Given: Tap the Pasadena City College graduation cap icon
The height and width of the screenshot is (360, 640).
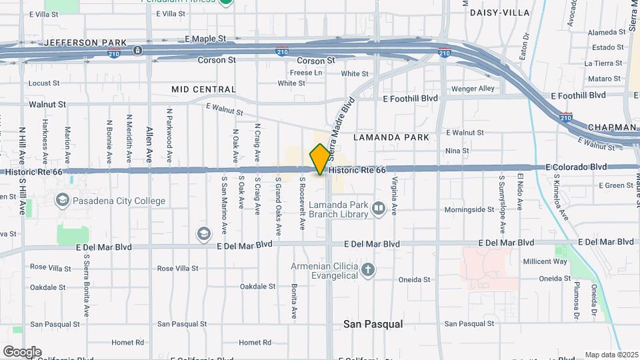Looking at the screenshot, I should pos(62,200).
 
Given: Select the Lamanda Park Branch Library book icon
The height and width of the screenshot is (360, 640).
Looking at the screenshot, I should pos(379,209).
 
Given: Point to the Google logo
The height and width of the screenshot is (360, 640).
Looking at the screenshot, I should pos(22,352).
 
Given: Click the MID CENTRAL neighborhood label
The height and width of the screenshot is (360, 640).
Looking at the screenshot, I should pos(203,89).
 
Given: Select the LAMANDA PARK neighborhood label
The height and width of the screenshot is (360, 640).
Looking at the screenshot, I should pos(391,137).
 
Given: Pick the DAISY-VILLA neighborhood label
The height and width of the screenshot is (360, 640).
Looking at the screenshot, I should pos(499,13).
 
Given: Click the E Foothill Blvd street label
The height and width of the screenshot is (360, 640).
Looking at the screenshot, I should pos(410,98).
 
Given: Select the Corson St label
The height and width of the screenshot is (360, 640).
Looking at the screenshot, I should pos(217,60).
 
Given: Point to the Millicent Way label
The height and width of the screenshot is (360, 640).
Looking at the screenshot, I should pos(545,261).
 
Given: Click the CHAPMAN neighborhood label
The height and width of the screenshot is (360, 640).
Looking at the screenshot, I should pos(611,127).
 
